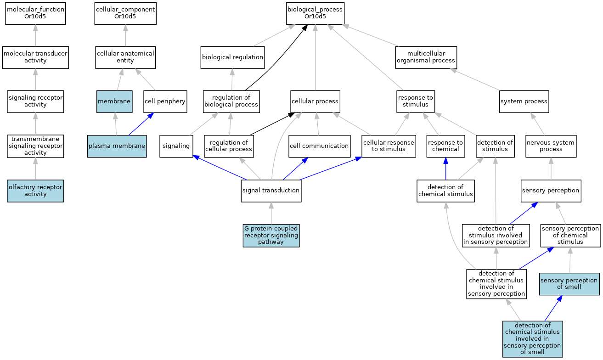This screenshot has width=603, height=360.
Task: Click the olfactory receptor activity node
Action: [35, 191]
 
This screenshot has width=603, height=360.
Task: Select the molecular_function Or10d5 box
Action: [35, 13]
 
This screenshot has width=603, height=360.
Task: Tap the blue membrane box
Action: [114, 101]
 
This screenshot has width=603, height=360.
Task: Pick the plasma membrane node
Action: [117, 146]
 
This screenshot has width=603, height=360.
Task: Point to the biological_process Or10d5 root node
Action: [315, 13]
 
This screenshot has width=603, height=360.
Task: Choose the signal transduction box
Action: [271, 191]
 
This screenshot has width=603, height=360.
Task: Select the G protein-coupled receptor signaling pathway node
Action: [271, 235]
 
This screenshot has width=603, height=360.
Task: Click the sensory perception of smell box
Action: [569, 283]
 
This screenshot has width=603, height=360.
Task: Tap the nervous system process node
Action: [551, 146]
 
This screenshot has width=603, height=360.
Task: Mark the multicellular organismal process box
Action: [426, 57]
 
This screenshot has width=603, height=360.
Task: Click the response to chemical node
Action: [445, 146]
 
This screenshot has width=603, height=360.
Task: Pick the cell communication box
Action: [319, 146]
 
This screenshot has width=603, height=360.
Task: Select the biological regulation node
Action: [232, 57]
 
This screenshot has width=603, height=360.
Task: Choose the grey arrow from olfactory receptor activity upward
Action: [35, 169]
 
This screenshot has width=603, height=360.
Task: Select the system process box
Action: [524, 101]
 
